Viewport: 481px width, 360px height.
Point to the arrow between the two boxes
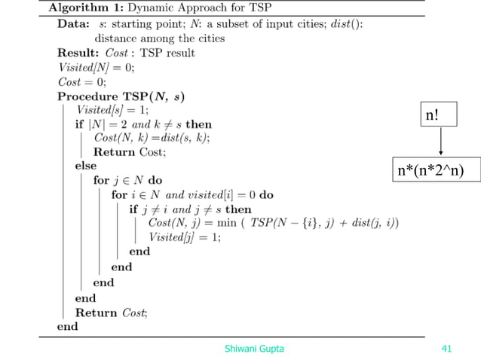click(440, 143)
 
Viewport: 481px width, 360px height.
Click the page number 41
click(446, 348)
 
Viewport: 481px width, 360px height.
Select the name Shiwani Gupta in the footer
click(254, 348)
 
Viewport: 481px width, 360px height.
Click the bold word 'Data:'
click(74, 23)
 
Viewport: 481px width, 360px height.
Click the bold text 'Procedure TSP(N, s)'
click(121, 96)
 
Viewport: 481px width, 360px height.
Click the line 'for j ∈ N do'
click(128, 181)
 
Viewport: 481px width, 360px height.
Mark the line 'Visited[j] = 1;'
click(185, 237)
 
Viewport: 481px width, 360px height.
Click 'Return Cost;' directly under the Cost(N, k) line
click(130, 152)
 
